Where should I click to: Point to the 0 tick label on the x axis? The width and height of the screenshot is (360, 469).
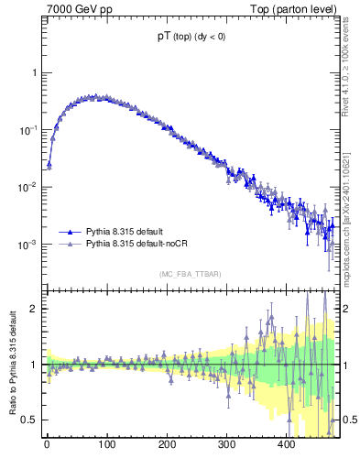tap(47, 445)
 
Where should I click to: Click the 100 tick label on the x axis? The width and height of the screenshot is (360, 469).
tap(106, 445)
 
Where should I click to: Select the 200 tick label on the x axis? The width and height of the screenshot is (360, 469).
tap(167, 445)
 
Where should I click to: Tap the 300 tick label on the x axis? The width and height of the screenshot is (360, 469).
tap(226, 445)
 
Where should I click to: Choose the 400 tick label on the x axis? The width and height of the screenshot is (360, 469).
tap(286, 445)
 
